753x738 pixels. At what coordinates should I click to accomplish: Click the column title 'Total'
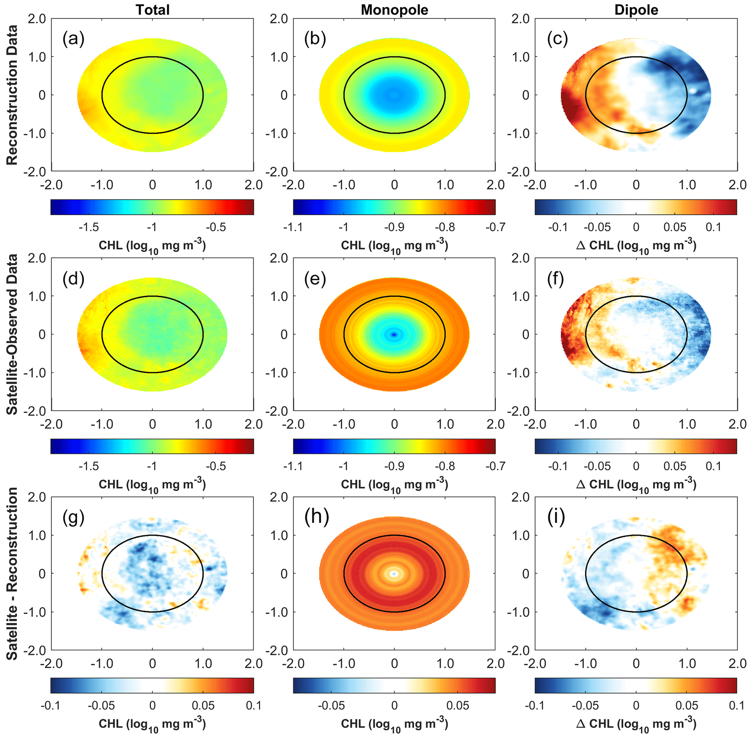tap(152, 10)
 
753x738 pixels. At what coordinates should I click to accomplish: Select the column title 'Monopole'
tap(394, 10)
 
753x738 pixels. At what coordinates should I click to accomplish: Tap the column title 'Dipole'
tap(636, 10)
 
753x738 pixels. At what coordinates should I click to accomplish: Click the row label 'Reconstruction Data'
tap(12, 95)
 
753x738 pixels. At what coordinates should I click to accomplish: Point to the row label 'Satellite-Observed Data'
tap(12, 334)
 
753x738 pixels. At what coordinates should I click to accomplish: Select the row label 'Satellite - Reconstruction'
tap(12, 574)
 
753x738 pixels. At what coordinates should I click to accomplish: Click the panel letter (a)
tap(73, 39)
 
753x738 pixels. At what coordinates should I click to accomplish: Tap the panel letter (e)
tap(315, 278)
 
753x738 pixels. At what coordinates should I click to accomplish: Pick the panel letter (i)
tap(556, 517)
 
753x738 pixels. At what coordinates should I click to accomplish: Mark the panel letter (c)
tap(557, 39)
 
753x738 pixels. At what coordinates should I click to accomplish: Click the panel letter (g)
tap(73, 517)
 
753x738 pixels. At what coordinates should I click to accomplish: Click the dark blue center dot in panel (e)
tap(394, 334)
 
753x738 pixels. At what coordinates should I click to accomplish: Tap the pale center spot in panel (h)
tap(394, 573)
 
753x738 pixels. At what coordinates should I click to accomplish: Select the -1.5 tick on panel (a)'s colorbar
tap(89, 227)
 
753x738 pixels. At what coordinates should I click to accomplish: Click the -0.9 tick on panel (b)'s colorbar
tap(394, 227)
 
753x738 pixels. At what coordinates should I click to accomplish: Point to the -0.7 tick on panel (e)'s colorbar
tap(495, 466)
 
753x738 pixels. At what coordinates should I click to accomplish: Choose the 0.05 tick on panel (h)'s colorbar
tap(458, 706)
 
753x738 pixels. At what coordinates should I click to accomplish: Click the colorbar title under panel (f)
tap(636, 485)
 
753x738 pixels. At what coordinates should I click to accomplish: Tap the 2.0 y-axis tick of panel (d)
tap(37, 258)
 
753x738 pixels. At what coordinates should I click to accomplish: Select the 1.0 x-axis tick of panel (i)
tap(687, 664)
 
